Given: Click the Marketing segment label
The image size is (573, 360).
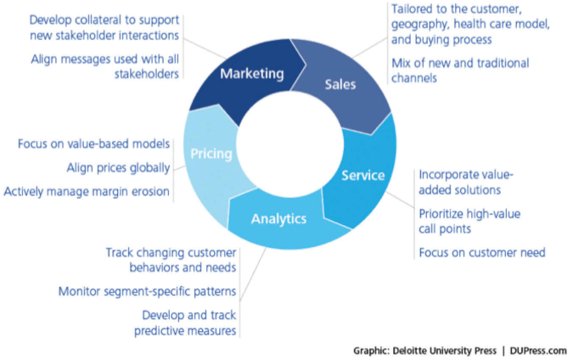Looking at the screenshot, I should click(x=251, y=74).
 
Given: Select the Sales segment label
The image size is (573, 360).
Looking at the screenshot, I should click(x=340, y=85).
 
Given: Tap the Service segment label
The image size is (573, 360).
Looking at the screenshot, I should click(x=362, y=176).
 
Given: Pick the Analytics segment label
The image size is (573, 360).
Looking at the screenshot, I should click(x=278, y=219).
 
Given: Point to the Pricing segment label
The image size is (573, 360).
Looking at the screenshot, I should click(x=206, y=154).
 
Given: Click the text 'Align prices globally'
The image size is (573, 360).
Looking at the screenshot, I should click(x=117, y=168).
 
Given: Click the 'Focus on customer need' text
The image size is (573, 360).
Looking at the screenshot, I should click(x=480, y=253).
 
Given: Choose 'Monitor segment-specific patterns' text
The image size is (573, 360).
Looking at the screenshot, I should click(x=147, y=292).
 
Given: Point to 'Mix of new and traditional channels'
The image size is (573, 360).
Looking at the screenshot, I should click(x=458, y=70).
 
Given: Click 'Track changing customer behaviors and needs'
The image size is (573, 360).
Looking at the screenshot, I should click(x=171, y=261).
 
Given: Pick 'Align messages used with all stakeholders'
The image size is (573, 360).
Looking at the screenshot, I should click(x=104, y=66).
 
